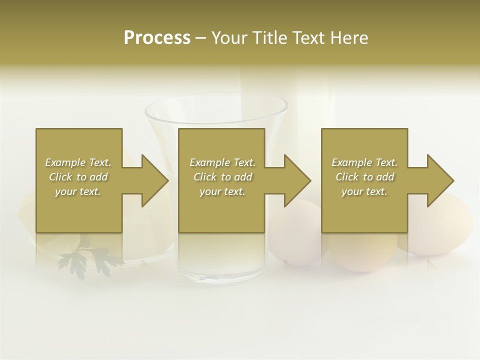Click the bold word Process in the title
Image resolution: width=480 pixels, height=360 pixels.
click(x=157, y=37)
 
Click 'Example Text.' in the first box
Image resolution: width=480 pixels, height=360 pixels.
click(x=78, y=162)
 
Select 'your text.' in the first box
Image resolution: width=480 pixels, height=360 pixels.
click(x=78, y=191)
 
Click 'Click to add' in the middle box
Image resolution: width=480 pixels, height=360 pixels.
click(x=222, y=177)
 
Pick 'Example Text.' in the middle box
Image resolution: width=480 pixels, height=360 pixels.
click(x=222, y=162)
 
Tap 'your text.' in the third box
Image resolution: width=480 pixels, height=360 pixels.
click(x=364, y=191)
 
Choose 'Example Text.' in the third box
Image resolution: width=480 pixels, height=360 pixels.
click(x=364, y=162)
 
